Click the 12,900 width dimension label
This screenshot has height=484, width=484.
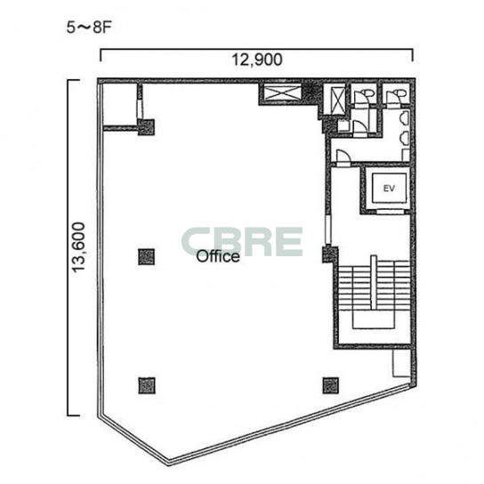(x=257, y=60)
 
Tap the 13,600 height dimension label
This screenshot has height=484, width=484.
(x=78, y=247)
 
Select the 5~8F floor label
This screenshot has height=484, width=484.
(x=89, y=28)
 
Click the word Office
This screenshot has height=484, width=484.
(x=218, y=256)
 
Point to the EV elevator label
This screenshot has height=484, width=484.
(x=389, y=188)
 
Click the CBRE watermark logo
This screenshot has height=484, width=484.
(x=242, y=242)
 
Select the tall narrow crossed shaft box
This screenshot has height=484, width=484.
(x=337, y=101)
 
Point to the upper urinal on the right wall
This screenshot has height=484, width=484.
(x=405, y=118)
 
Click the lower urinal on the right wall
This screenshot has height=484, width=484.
(x=405, y=138)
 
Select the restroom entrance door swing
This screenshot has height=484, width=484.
(x=343, y=157)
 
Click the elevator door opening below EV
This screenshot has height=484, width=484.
(x=391, y=212)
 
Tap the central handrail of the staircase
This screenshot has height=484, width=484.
(x=374, y=282)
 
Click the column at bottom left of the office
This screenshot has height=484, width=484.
(x=147, y=385)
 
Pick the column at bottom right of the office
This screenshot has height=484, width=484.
(x=331, y=385)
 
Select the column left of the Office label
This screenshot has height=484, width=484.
(x=146, y=257)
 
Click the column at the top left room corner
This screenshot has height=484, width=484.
(x=146, y=127)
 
